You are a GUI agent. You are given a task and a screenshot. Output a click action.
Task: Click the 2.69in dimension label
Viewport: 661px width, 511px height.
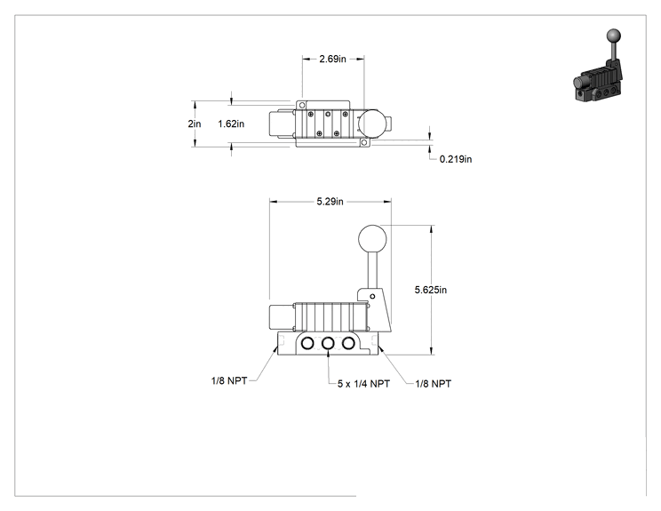(332, 59)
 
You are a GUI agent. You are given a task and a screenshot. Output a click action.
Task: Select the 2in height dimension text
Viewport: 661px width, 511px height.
(195, 124)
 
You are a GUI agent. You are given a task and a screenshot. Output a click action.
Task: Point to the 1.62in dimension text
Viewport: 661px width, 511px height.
(231, 124)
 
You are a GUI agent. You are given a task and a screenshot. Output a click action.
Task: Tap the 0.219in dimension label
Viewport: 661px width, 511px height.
(456, 159)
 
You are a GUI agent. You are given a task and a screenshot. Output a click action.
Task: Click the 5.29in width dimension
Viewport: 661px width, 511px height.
(330, 202)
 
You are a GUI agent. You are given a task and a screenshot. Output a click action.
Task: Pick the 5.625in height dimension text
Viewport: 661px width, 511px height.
(430, 290)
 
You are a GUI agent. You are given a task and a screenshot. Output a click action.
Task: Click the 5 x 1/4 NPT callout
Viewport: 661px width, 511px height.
(363, 384)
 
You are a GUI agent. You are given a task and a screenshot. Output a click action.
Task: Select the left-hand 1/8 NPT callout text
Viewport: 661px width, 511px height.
(229, 381)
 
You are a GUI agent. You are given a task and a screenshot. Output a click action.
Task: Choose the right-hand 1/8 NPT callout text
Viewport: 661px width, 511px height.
(434, 384)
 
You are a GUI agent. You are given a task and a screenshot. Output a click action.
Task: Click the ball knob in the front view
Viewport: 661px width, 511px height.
(372, 239)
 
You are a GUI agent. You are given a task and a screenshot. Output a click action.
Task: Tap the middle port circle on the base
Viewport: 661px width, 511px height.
(328, 344)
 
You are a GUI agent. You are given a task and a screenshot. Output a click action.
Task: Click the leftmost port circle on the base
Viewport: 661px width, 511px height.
(307, 344)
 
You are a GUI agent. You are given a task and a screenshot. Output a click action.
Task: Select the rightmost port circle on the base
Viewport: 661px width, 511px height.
(348, 344)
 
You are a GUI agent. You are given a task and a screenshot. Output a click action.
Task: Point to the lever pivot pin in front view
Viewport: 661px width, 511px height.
(372, 297)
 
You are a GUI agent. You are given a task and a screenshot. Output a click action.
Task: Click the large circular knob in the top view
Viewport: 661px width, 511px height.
(371, 123)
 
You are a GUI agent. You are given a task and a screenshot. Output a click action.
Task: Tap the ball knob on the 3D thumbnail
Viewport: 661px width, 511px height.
(613, 36)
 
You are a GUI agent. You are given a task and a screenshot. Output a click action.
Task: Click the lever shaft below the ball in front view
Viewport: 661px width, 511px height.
(372, 271)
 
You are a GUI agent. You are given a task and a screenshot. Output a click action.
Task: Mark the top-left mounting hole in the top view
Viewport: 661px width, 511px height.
(302, 105)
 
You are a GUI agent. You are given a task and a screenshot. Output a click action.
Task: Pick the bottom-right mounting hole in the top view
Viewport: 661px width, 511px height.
(364, 142)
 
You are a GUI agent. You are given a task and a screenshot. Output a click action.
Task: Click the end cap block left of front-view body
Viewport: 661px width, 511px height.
(282, 316)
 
